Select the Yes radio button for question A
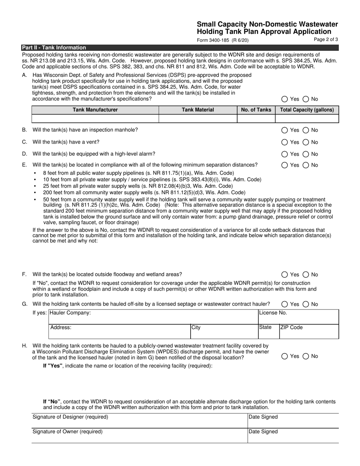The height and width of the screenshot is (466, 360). [285, 99]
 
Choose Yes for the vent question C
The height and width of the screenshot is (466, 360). [285, 142]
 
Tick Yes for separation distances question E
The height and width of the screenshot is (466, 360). [285, 165]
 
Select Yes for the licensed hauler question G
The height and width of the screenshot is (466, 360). [285, 304]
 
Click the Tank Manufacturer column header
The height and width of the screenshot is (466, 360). [95, 110]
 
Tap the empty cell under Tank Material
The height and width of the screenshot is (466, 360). [198, 119]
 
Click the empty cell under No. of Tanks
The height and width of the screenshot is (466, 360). [256, 119]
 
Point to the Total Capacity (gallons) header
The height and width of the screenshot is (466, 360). [307, 110]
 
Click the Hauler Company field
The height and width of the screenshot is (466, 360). [153, 317]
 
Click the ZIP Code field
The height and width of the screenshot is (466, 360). [308, 332]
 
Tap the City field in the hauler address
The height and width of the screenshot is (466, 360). [224, 332]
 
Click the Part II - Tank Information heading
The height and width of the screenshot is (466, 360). [54, 48]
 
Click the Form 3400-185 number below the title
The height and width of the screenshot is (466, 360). [222, 40]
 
